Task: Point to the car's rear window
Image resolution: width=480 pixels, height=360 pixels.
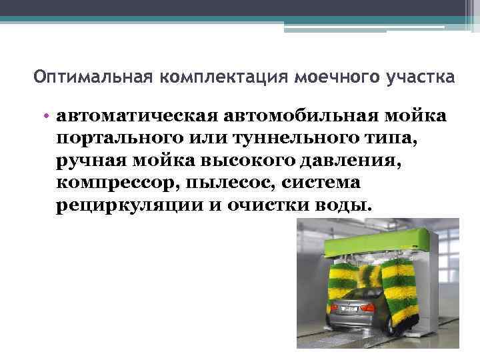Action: click(x=354, y=289)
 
